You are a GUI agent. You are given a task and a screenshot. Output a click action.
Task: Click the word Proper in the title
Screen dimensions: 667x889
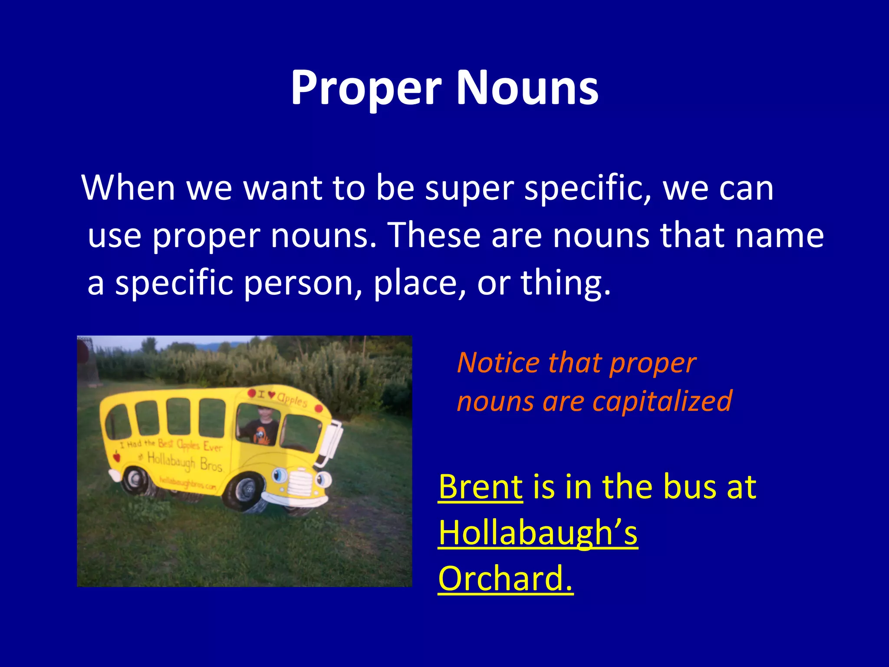(366, 89)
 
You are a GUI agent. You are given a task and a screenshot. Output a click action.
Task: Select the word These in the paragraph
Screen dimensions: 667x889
(435, 235)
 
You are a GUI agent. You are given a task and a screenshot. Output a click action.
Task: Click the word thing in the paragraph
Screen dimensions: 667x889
(565, 283)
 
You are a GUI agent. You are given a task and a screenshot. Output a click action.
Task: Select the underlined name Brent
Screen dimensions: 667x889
(481, 487)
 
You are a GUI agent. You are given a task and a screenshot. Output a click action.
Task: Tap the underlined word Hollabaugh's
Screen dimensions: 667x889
(538, 533)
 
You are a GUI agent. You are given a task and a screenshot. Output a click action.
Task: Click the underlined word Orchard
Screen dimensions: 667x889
(505, 579)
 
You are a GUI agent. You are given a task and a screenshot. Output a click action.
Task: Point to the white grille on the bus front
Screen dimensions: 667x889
(299, 482)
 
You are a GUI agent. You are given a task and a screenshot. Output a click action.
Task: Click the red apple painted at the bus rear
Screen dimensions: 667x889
(116, 456)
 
